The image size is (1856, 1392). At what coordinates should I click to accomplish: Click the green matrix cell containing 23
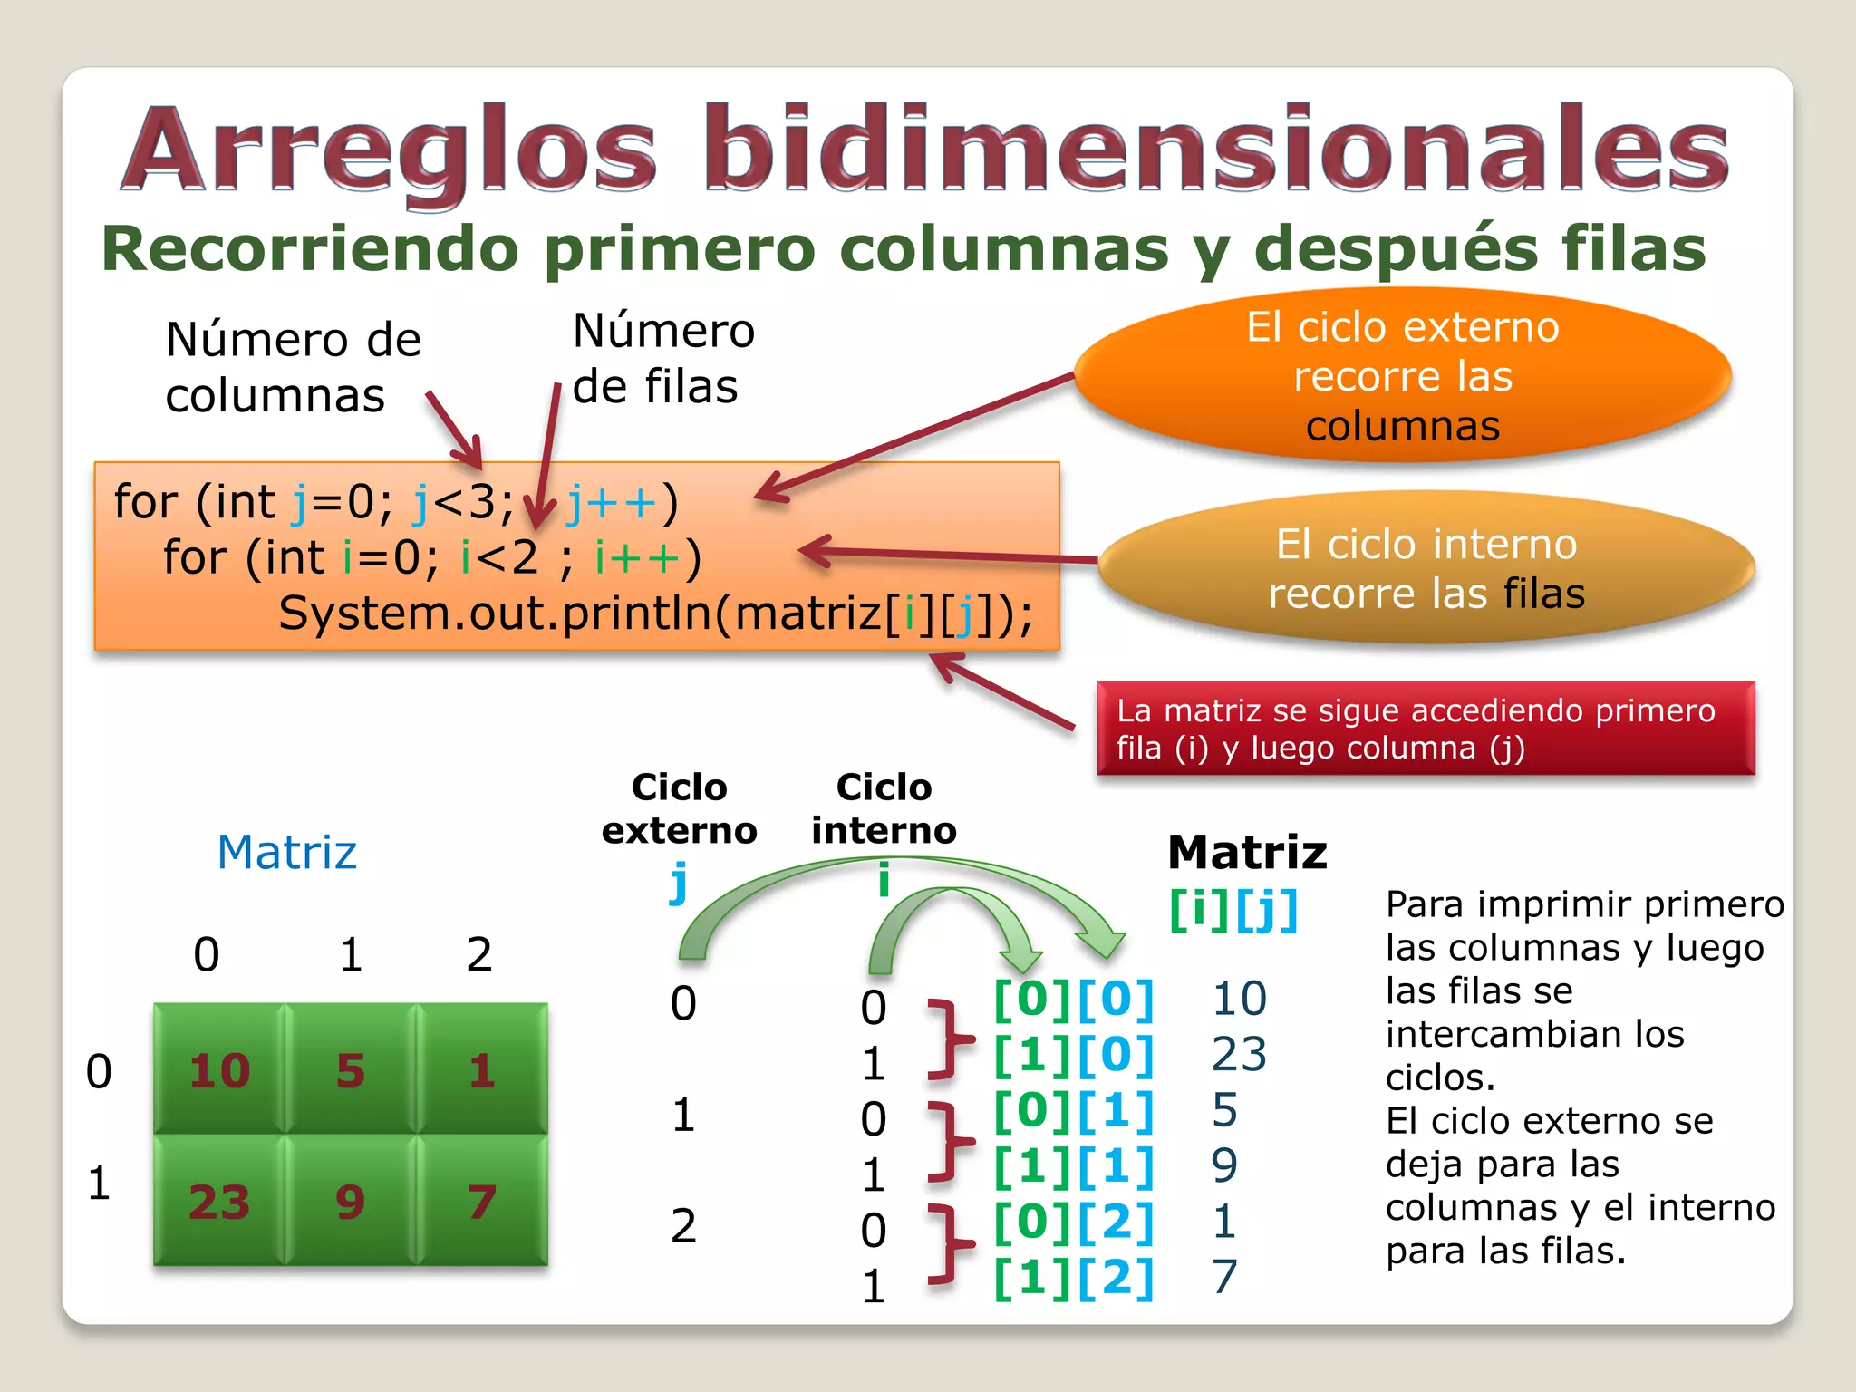click(219, 1202)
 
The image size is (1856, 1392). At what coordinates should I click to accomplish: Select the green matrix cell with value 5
click(351, 1070)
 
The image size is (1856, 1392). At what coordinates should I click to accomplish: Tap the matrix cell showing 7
click(482, 1202)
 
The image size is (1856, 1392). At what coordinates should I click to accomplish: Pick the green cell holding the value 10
click(219, 1070)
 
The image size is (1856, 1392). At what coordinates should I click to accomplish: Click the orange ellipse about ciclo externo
click(1402, 376)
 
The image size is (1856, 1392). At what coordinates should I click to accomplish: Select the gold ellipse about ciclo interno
click(1426, 568)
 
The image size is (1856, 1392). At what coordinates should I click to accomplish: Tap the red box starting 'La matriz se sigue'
click(1425, 729)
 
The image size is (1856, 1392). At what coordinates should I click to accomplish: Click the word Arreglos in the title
click(390, 150)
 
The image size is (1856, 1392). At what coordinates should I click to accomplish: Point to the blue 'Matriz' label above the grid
click(287, 852)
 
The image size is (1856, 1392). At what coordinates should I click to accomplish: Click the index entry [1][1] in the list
click(1074, 1166)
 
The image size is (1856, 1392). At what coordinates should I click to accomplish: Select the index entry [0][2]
click(1074, 1222)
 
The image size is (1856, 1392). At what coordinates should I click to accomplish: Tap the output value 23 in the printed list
click(1239, 1054)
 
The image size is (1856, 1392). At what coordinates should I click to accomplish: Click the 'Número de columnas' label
click(293, 367)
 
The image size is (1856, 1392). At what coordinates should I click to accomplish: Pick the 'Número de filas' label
click(662, 358)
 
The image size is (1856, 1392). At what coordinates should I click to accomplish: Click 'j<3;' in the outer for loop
click(462, 502)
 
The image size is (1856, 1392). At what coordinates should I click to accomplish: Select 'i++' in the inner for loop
click(637, 557)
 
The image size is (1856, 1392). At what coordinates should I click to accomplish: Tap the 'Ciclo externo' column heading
click(679, 808)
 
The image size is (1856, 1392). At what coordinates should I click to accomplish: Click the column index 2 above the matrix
click(479, 954)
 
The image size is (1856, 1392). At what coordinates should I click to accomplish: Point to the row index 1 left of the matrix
click(99, 1184)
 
